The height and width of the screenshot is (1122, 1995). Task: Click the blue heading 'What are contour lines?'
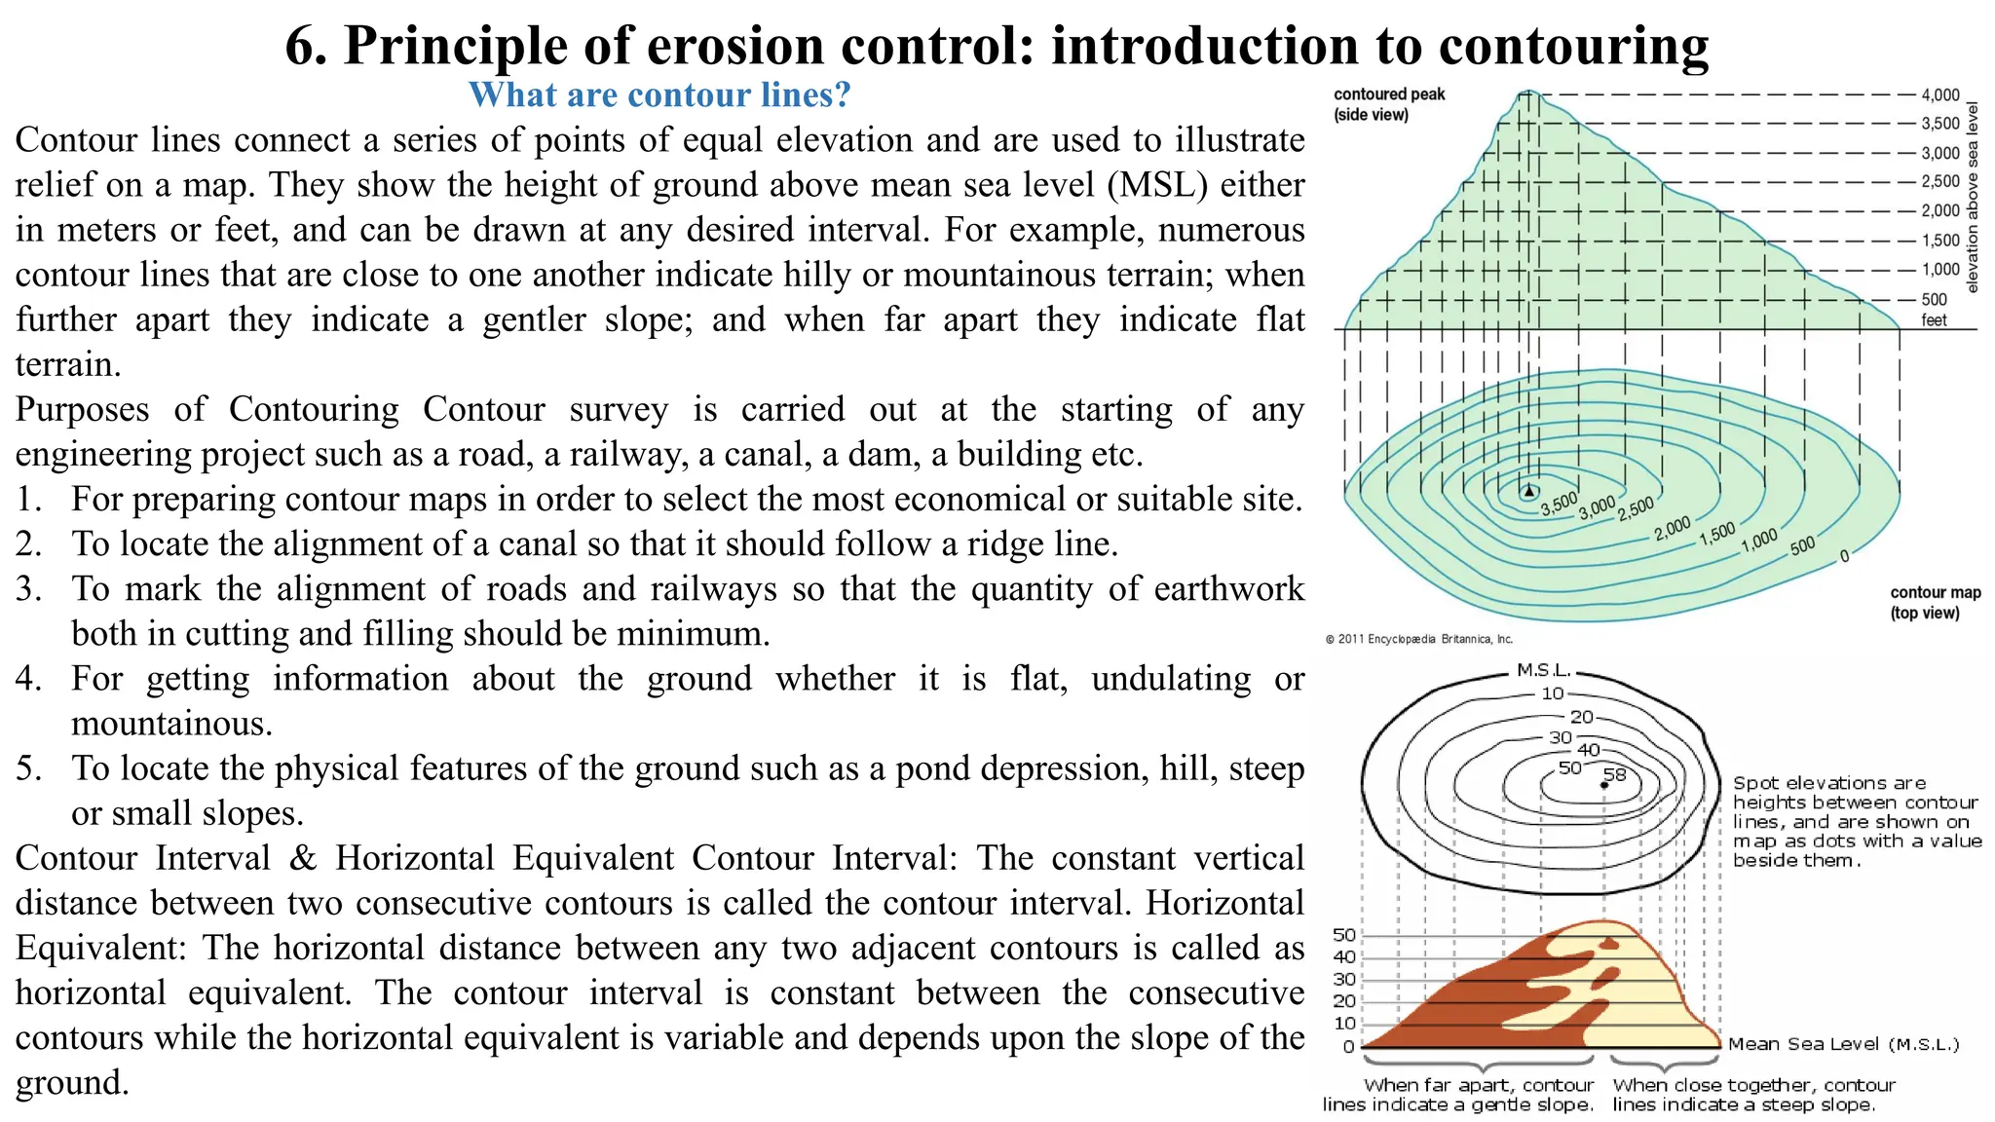(x=659, y=94)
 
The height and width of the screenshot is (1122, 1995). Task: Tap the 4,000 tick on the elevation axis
(x=1939, y=94)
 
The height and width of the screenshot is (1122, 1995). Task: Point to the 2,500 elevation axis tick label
(x=1939, y=181)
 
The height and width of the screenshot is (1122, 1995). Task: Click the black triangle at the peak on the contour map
(x=1529, y=491)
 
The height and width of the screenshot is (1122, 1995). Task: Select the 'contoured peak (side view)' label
(x=1388, y=104)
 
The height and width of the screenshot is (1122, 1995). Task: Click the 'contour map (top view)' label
(x=1935, y=602)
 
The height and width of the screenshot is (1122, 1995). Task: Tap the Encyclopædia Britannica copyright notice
(x=1418, y=639)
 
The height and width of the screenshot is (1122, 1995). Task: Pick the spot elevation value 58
(x=1614, y=775)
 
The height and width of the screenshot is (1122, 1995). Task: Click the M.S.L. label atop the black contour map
(x=1544, y=670)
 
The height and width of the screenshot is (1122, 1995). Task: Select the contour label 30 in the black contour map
(x=1561, y=737)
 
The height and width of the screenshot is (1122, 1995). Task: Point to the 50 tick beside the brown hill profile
(x=1344, y=935)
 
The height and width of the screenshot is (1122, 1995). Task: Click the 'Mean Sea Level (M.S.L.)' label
(x=1843, y=1044)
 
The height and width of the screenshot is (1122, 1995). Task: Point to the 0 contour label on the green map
(x=1844, y=556)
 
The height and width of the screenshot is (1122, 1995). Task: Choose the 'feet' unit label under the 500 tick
(x=1934, y=320)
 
